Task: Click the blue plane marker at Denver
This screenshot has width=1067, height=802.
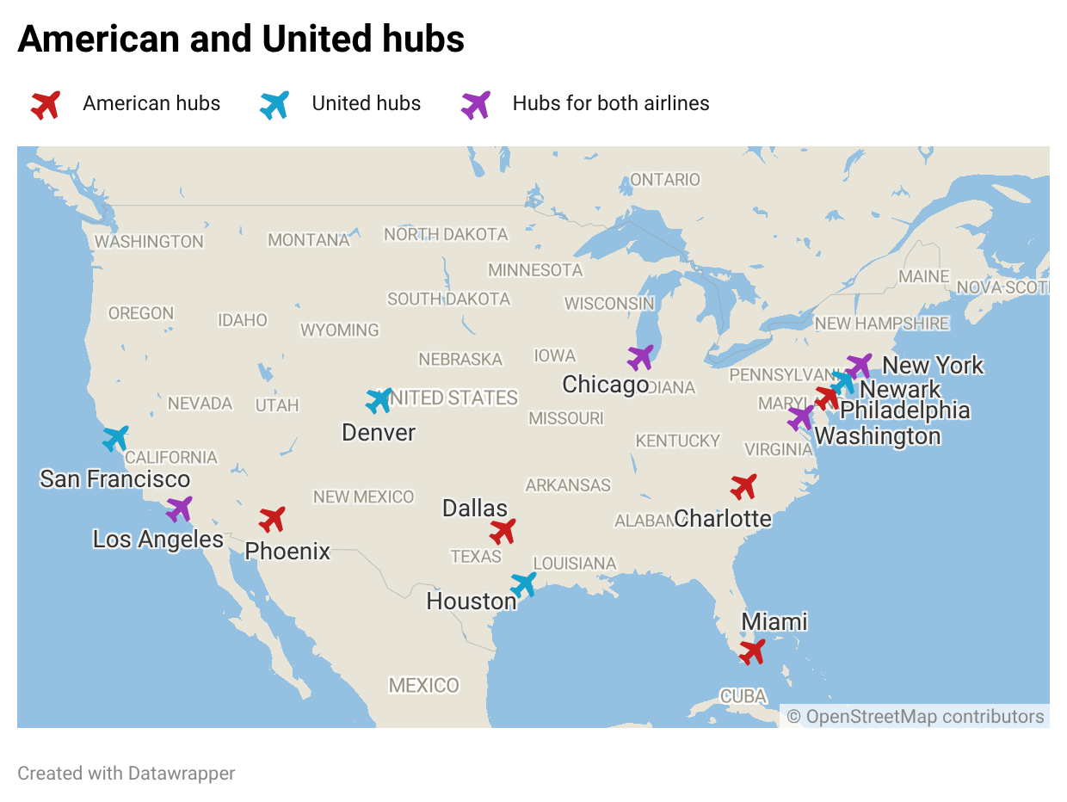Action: [379, 400]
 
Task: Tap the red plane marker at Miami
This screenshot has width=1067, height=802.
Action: [752, 651]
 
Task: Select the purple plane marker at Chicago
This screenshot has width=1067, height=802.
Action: [640, 357]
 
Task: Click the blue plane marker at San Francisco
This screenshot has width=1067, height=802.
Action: [115, 438]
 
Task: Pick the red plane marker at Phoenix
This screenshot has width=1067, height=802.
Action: [272, 519]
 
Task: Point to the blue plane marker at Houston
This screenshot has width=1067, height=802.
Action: [523, 584]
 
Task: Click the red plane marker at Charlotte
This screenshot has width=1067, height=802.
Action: [743, 486]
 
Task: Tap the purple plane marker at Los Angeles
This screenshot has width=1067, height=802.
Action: [179, 509]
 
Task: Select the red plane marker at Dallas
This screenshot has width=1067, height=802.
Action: [503, 531]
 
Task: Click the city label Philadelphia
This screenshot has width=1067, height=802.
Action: [904, 411]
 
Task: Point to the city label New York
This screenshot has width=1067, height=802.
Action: [933, 366]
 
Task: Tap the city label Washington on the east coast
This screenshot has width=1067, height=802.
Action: [878, 436]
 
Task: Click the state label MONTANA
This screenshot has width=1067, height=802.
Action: [308, 240]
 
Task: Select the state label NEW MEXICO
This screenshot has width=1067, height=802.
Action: [363, 497]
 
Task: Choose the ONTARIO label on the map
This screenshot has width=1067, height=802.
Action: [665, 180]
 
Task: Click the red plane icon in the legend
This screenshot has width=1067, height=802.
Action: [46, 105]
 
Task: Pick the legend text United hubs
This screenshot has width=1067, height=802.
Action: [366, 104]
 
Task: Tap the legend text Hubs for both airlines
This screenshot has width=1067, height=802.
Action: [610, 104]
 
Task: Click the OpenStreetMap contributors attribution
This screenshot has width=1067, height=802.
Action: [916, 717]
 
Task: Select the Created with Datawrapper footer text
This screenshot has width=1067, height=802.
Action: [126, 774]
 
